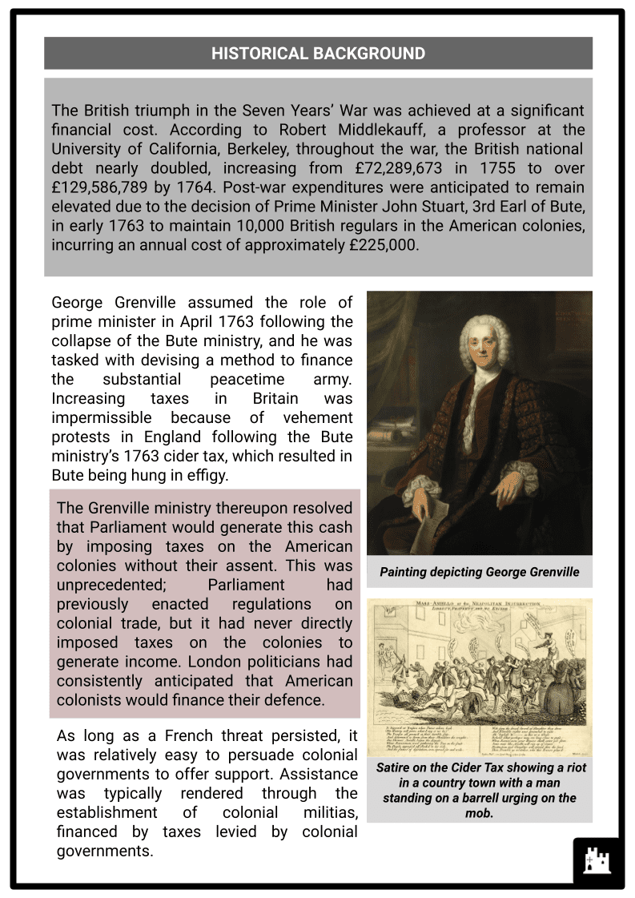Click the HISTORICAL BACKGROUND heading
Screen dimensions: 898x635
pos(318,54)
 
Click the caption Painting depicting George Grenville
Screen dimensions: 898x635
pos(479,572)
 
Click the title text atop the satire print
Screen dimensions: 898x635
pos(479,606)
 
